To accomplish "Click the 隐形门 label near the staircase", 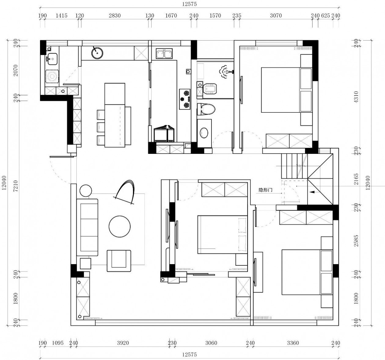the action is click(x=266, y=190).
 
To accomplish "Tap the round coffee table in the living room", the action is click(x=119, y=227).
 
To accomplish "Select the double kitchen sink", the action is click(x=164, y=53).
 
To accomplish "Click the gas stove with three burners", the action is click(x=185, y=99).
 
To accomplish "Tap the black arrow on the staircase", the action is click(x=312, y=192).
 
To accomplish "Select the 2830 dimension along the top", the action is click(x=115, y=16).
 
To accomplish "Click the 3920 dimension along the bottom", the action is click(x=123, y=343).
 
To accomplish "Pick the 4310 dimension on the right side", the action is click(x=356, y=97).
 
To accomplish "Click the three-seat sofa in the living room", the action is click(x=87, y=227).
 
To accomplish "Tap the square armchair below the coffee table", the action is click(x=119, y=261).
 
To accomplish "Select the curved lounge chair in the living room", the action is click(x=125, y=192).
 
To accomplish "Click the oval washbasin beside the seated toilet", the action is click(x=204, y=133).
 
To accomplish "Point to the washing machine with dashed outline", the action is click(x=52, y=77).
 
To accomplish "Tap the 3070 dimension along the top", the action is click(x=276, y=16).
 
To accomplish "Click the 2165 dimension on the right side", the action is click(x=356, y=180).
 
